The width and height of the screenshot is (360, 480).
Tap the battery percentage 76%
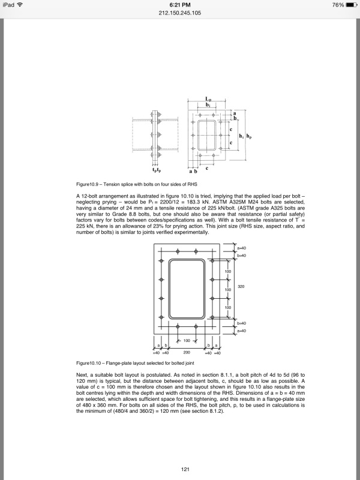click(337, 5)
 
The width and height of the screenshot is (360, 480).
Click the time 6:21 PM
click(180, 5)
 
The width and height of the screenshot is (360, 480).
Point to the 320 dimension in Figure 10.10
click(241, 287)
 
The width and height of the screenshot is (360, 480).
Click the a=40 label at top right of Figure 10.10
click(242, 248)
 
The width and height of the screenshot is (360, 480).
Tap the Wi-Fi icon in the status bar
click(22, 5)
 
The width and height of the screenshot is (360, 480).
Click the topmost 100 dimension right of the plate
click(228, 272)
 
